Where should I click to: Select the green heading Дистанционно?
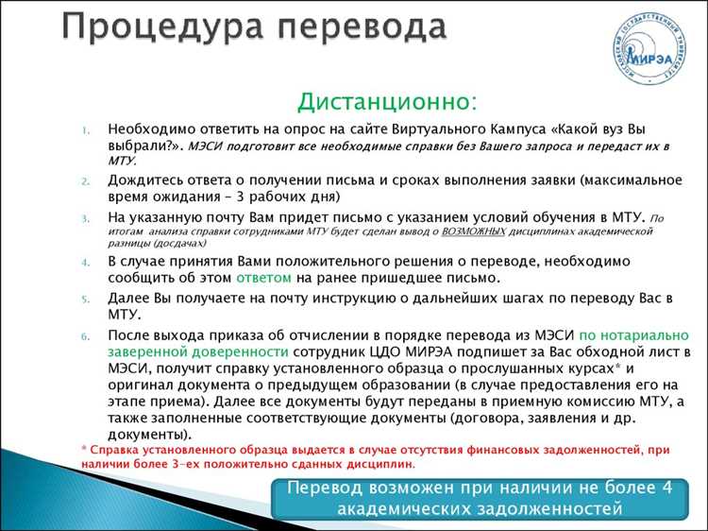[388, 100]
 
